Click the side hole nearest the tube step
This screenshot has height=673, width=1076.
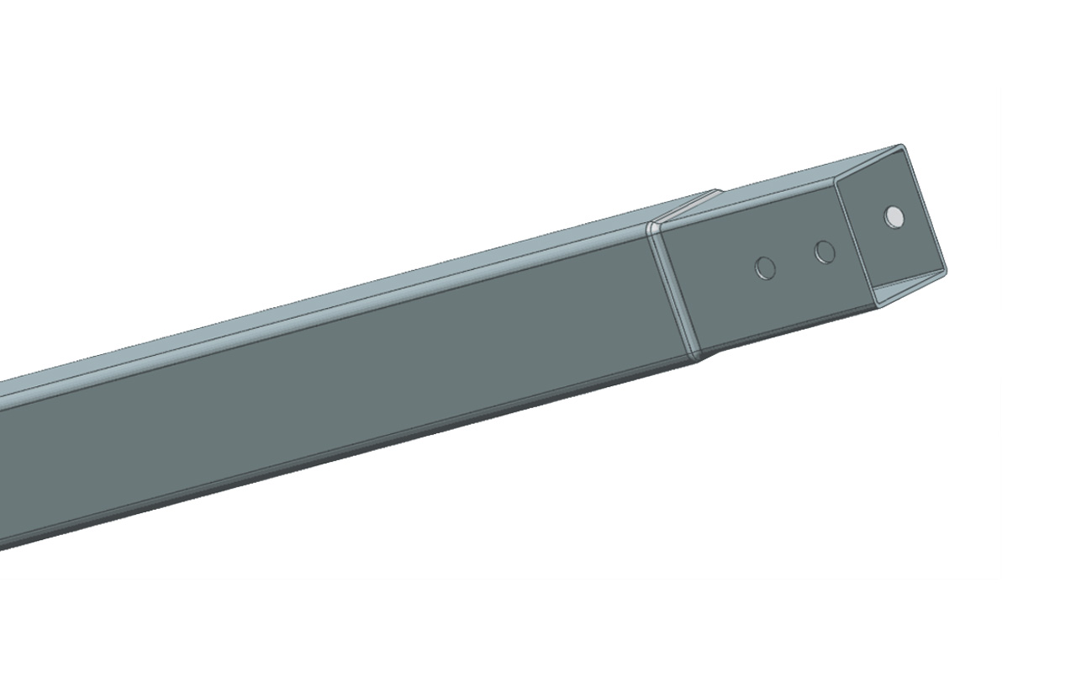click(x=765, y=268)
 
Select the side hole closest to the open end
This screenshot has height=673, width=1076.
click(x=825, y=251)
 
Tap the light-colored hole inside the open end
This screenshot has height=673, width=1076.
click(x=894, y=217)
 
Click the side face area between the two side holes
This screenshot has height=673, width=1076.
click(x=795, y=260)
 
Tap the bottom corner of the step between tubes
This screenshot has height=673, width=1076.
click(x=695, y=357)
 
